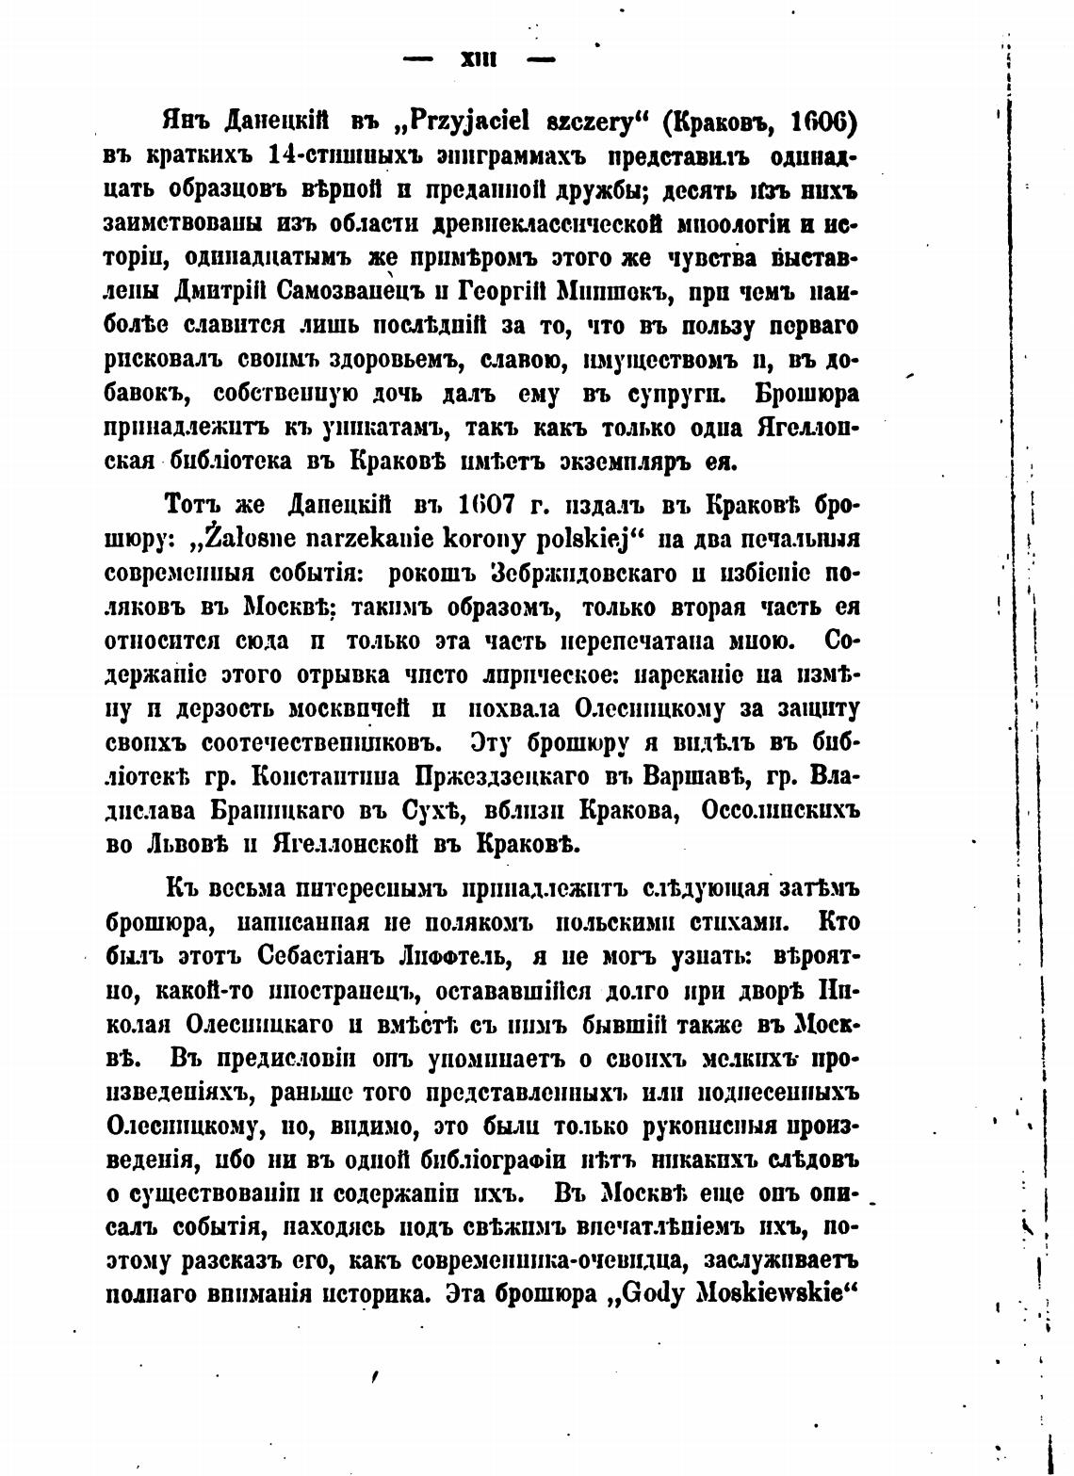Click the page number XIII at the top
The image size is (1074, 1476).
click(479, 59)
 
